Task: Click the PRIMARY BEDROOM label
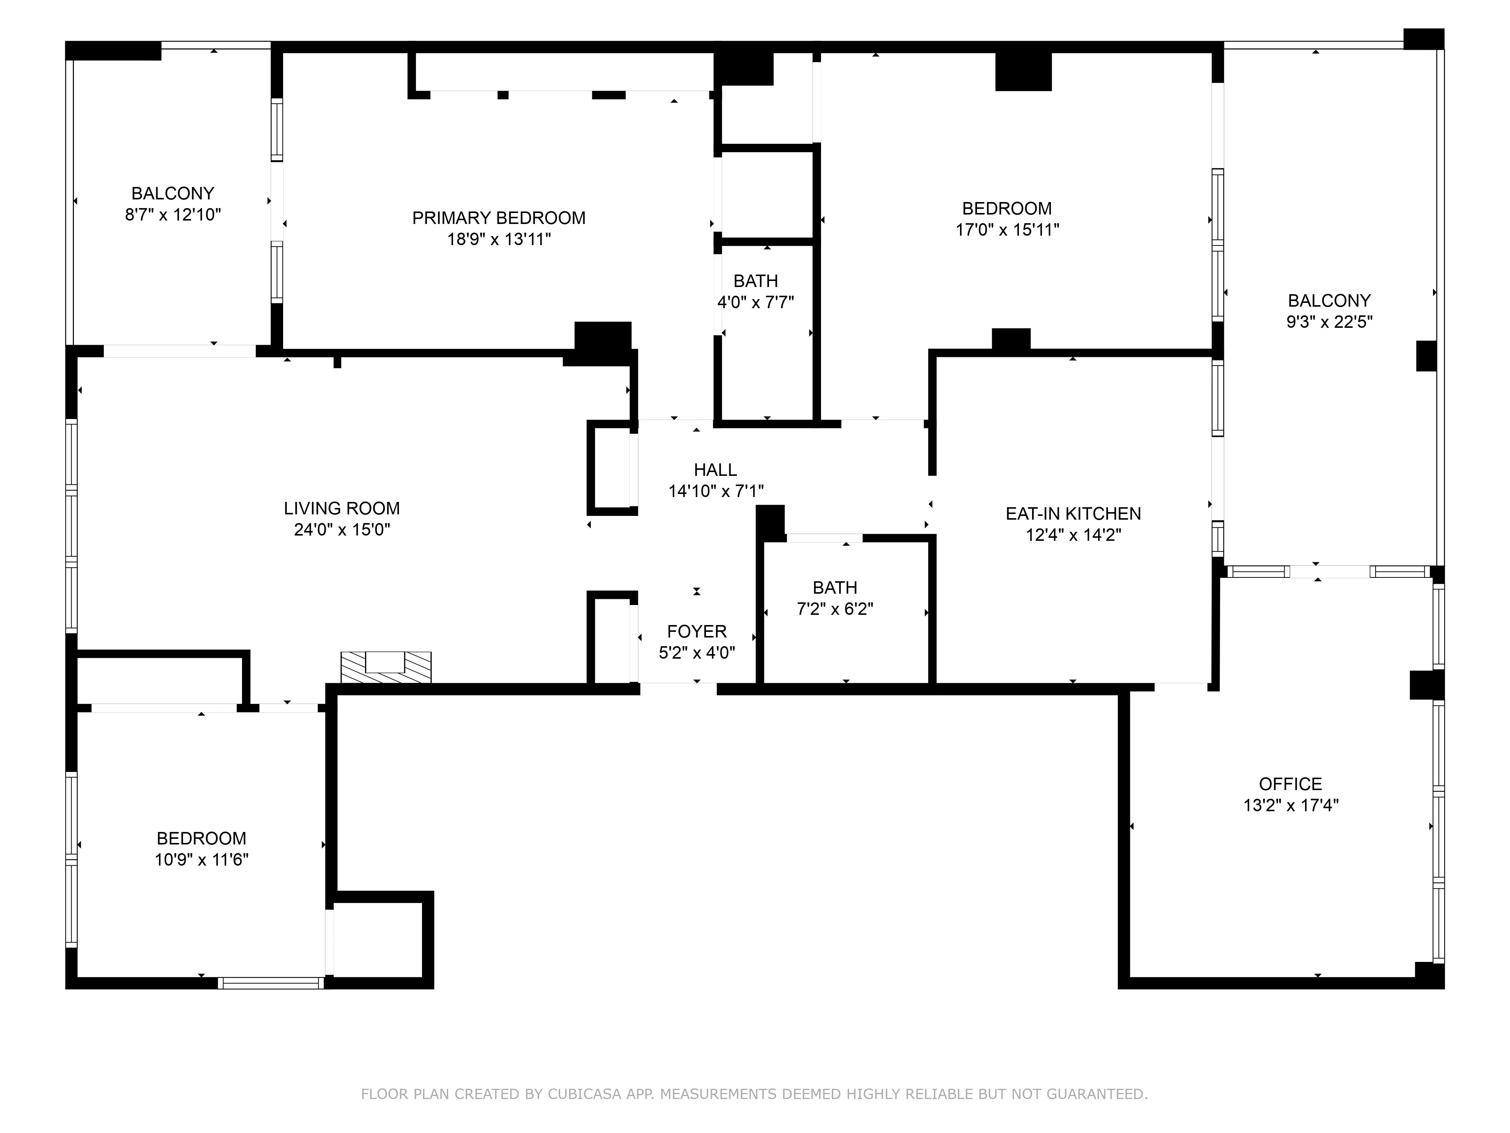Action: [498, 218]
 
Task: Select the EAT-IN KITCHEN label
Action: [1073, 514]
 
